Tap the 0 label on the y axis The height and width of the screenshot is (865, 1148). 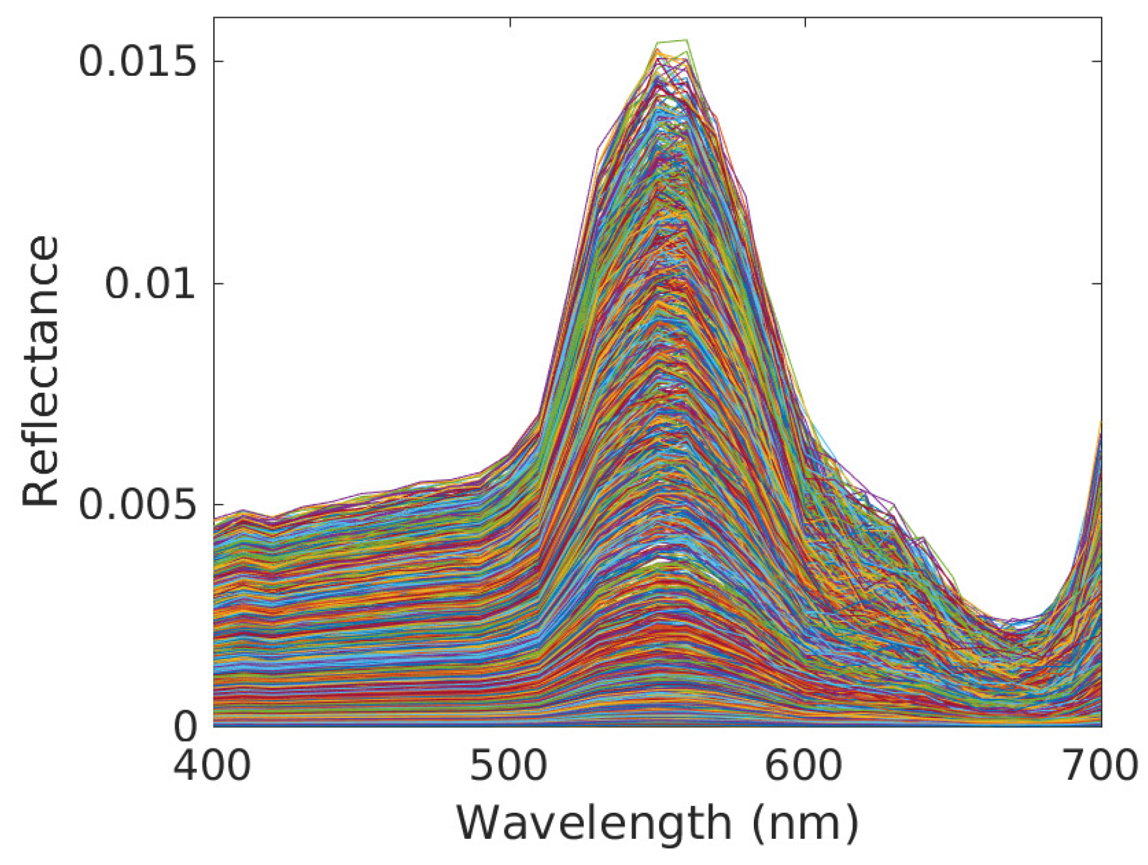185,726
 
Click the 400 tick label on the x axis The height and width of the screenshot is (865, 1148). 213,766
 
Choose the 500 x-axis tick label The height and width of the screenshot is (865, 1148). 509,766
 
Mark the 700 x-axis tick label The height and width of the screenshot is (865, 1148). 1100,766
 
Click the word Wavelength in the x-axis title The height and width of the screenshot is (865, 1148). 594,824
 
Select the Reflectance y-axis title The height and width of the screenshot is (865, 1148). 41,371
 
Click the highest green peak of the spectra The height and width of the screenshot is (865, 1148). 686,40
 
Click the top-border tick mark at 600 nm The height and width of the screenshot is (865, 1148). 805,22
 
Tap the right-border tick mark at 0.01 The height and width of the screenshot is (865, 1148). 1096,283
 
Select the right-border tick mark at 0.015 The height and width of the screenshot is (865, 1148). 1096,61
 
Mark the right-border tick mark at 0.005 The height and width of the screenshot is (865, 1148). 1096,505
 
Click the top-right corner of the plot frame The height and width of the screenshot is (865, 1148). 1102,18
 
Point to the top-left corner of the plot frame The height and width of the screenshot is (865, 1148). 214,18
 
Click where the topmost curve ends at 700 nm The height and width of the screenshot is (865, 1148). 1101,421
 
